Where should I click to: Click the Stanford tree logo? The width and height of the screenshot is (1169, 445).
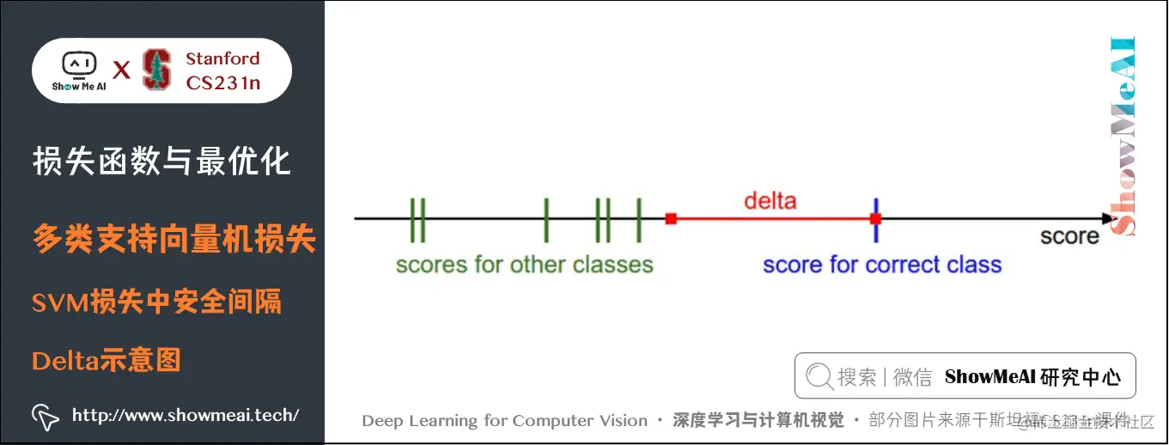(x=156, y=70)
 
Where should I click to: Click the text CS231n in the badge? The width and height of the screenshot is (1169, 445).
(x=222, y=82)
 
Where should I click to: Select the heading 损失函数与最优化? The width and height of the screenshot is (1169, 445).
(x=161, y=161)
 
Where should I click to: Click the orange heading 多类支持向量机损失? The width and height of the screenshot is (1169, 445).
(x=174, y=239)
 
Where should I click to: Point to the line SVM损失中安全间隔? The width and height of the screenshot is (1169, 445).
(x=156, y=302)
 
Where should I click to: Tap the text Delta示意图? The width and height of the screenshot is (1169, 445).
(x=106, y=360)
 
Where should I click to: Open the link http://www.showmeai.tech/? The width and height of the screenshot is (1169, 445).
(x=186, y=416)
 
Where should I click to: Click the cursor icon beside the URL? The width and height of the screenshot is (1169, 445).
(x=45, y=416)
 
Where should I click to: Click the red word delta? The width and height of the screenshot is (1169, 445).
(x=770, y=201)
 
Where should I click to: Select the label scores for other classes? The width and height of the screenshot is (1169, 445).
(x=524, y=265)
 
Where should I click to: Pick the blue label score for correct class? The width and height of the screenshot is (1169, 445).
(x=882, y=265)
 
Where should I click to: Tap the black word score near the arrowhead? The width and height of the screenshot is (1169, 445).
(x=1069, y=236)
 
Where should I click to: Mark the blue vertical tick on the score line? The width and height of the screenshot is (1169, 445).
(x=875, y=219)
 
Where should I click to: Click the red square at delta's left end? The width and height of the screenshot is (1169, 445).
(x=671, y=219)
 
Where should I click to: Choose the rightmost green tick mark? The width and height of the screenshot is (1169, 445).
(x=638, y=220)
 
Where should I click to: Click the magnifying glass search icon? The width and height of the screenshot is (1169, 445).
(x=819, y=376)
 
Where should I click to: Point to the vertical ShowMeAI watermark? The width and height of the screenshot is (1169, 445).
(x=1123, y=136)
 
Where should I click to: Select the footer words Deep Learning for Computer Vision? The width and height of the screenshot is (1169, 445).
(x=504, y=421)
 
